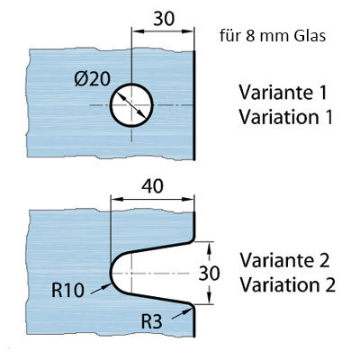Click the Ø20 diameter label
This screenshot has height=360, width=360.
pos(93,79)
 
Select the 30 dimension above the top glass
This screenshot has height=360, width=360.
pos(164,19)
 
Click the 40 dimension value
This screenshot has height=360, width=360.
pos(152,186)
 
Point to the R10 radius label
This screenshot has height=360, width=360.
pos(67,290)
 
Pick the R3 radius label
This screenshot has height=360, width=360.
pos(151,321)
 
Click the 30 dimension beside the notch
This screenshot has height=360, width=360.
pos(210,274)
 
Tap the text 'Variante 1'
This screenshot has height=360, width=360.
pos(283,93)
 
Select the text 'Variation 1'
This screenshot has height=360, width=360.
pos(286,117)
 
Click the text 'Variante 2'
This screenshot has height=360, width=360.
pos(284,260)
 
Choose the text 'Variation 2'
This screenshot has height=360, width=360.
pos(287,284)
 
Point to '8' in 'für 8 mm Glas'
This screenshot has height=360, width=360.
pos(249,36)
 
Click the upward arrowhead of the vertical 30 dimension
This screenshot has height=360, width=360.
pos(210,247)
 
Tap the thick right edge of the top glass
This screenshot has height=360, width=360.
pos(194,105)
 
